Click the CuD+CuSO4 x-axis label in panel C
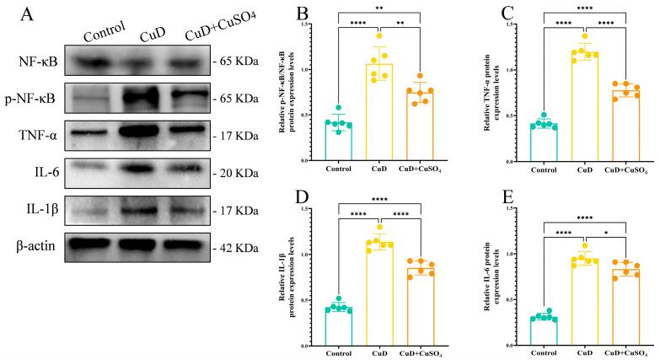point(624,169)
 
